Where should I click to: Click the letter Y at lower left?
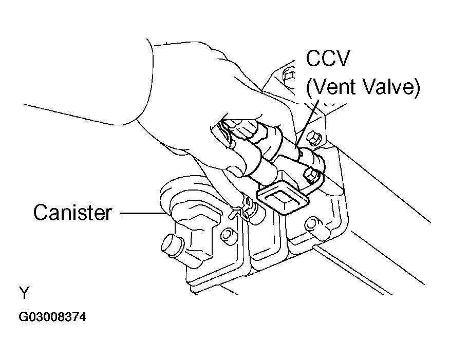25,293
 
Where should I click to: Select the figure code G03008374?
52,317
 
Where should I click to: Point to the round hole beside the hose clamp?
226,235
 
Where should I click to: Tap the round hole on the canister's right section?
310,224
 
